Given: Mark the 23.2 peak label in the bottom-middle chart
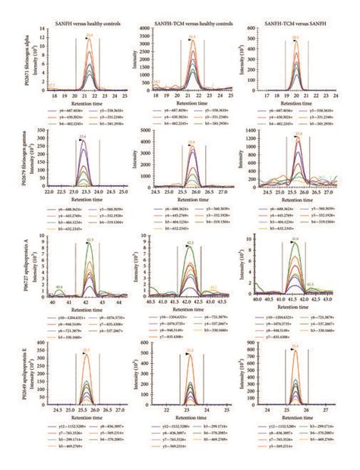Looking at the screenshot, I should click(190, 350).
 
